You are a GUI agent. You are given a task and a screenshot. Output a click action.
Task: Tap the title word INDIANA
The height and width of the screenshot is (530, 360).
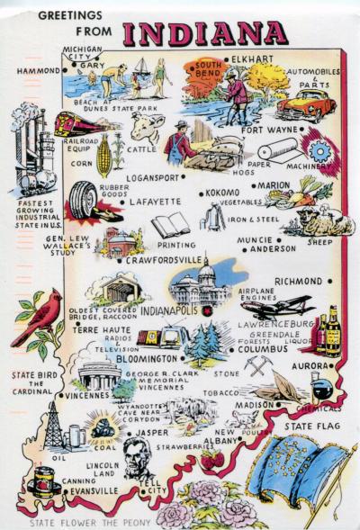(x=204, y=33)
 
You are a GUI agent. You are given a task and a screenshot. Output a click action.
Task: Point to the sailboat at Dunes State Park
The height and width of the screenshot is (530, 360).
(x=141, y=68)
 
